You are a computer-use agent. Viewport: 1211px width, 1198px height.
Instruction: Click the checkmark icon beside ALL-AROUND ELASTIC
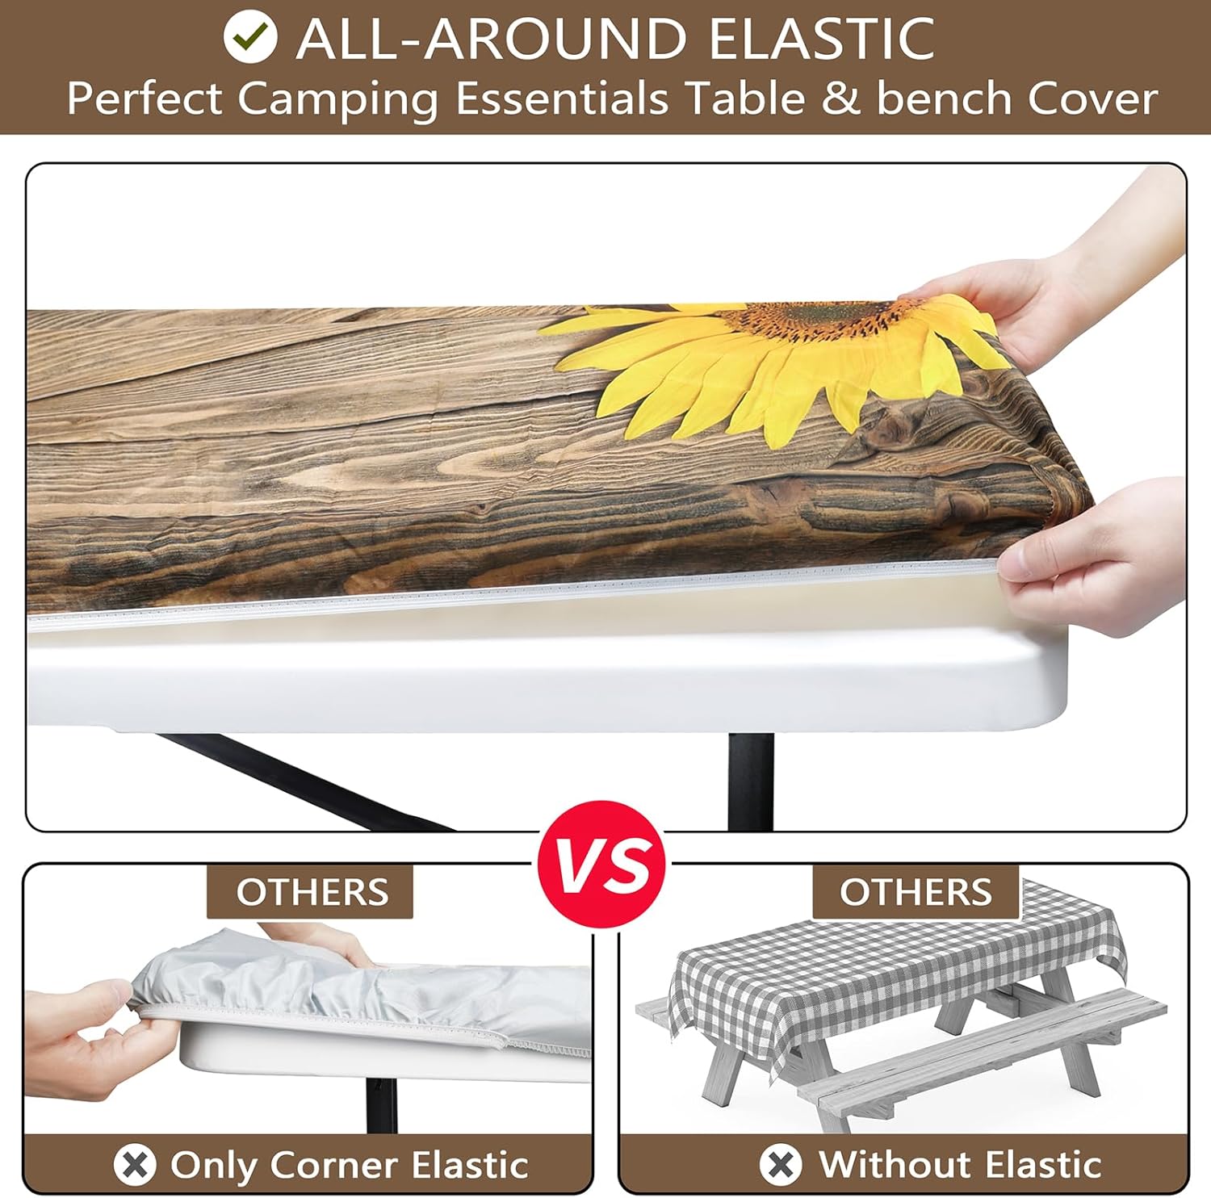[x=250, y=36]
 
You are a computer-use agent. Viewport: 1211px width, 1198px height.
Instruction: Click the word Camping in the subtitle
[x=337, y=100]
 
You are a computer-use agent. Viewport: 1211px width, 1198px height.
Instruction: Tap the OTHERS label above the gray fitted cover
[x=312, y=892]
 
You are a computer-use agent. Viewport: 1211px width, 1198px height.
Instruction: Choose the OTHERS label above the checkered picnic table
[x=916, y=892]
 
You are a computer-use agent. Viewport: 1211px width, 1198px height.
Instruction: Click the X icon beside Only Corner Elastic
[x=135, y=1164]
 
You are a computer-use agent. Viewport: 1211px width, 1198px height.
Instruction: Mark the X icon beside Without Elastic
[x=781, y=1164]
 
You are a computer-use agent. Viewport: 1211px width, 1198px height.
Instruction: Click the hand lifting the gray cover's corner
[x=81, y=1037]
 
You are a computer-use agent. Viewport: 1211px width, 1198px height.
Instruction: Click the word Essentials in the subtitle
[x=562, y=99]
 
